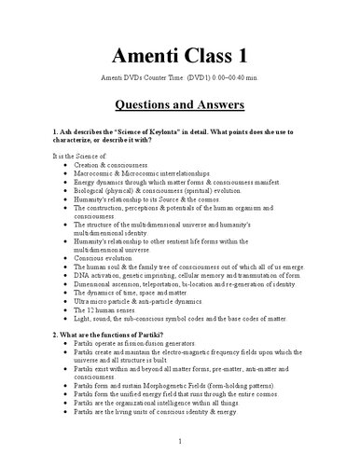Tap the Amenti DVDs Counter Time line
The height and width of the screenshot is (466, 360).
(180, 75)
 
